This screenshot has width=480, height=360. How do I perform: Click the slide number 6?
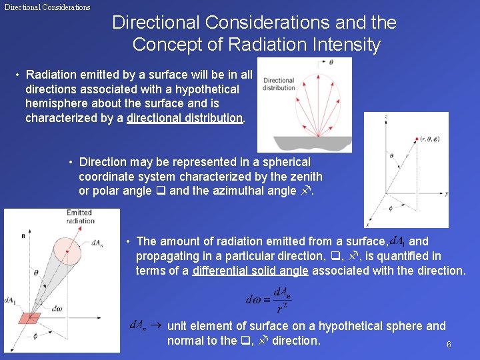[449, 345]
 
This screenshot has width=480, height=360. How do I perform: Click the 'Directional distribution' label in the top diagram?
[278, 84]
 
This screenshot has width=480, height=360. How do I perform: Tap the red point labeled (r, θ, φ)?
[415, 139]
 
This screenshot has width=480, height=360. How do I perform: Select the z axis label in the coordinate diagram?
[386, 117]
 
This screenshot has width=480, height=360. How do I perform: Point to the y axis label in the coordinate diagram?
[445, 194]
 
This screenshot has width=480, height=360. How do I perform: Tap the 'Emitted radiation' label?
[81, 217]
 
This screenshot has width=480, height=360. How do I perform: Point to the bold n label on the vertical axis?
[23, 235]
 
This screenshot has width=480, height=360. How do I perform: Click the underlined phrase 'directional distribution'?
[185, 119]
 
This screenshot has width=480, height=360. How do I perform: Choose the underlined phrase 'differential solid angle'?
[250, 271]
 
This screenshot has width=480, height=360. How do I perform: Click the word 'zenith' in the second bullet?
[306, 177]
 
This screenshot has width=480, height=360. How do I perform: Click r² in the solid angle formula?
[283, 307]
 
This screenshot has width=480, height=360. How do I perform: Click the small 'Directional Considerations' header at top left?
[47, 7]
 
